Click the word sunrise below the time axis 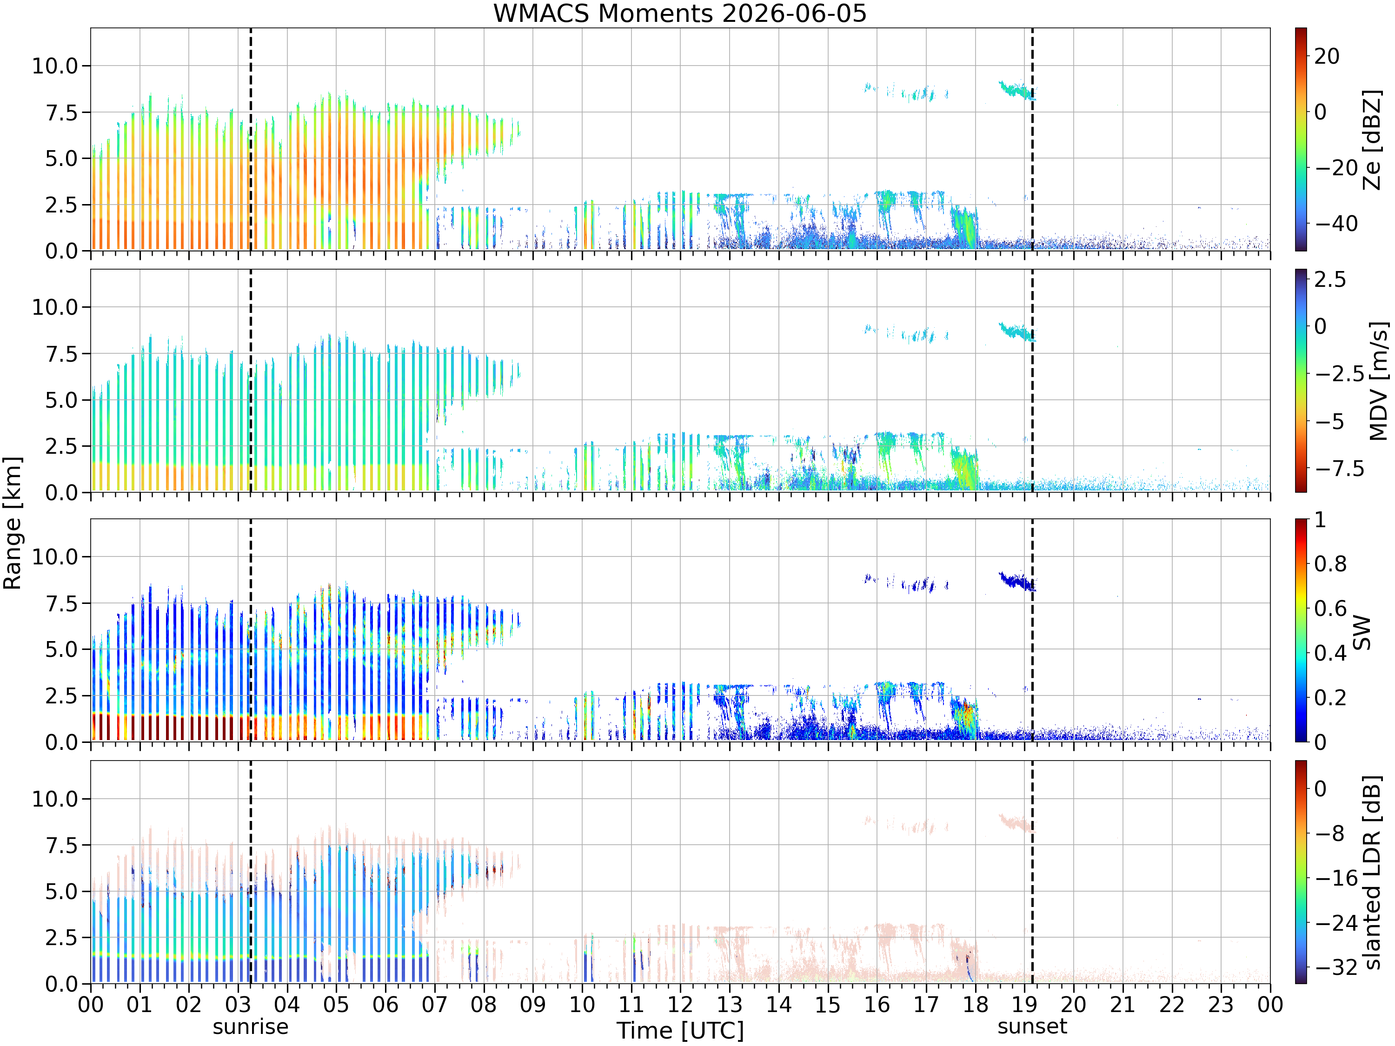point(250,1026)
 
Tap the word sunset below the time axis point(1032,1026)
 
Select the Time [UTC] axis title point(680,1030)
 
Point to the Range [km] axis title point(12,523)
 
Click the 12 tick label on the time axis point(680,1004)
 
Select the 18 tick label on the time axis point(975,1004)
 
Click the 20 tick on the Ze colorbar point(1327,56)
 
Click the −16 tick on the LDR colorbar point(1336,878)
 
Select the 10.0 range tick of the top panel point(55,66)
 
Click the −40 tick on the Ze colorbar point(1336,223)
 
